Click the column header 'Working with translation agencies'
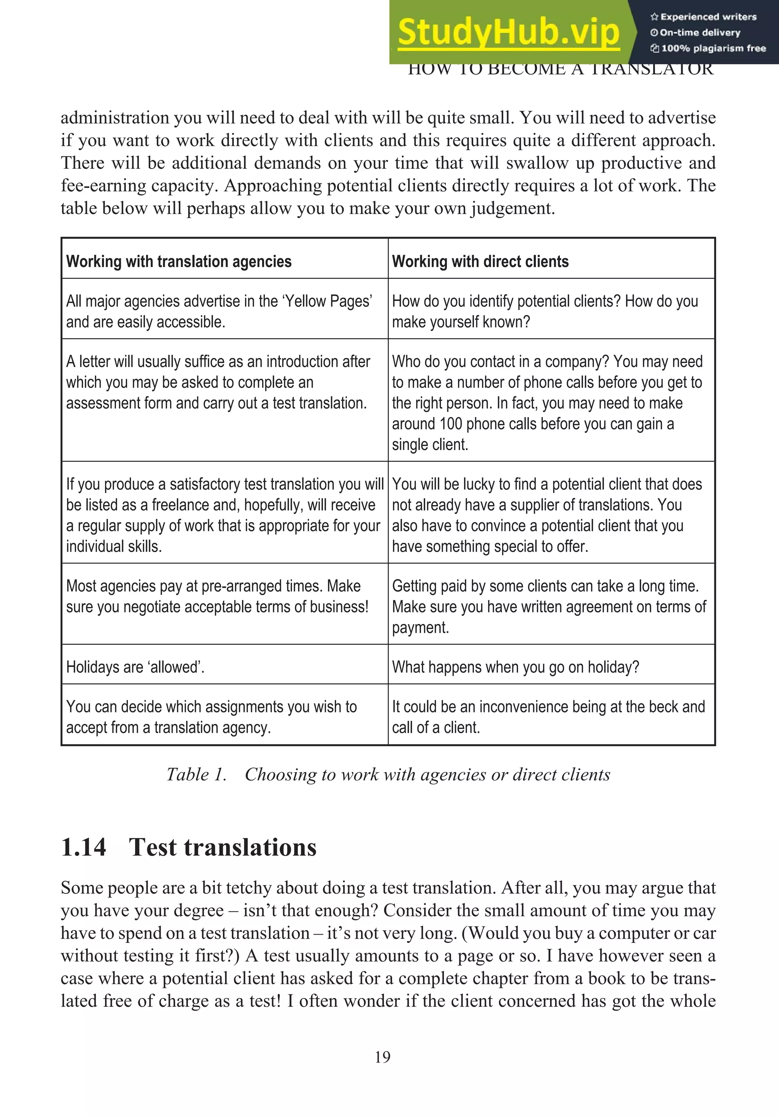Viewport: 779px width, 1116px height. coord(179,261)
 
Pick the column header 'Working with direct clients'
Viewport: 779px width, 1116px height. coord(480,261)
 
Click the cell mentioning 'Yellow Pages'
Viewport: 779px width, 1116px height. coord(219,311)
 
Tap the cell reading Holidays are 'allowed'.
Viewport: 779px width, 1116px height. coord(135,667)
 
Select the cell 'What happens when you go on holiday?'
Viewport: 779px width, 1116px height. coord(515,667)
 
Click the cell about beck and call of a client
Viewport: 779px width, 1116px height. coord(548,717)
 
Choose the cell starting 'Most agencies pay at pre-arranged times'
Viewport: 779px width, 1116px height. coord(217,596)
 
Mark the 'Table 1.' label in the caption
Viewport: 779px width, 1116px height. coord(196,774)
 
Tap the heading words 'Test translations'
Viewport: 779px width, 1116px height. coord(223,847)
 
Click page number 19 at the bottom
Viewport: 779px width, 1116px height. coord(382,1057)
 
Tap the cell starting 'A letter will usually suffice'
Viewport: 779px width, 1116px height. coord(218,382)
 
